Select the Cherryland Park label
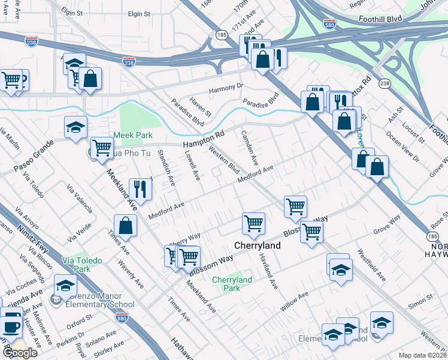232,284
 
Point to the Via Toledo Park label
82,265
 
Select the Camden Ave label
250,148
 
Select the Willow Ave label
294,298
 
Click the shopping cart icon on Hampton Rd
102,147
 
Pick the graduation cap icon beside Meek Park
75,127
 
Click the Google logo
19,353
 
